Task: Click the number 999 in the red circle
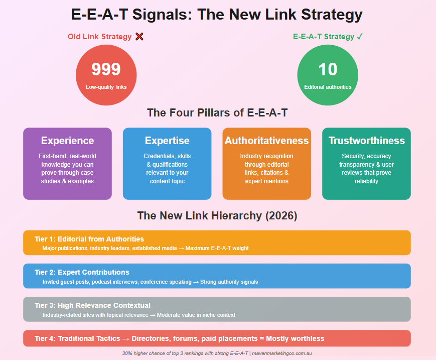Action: tap(106, 69)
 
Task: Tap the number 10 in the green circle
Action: tap(328, 69)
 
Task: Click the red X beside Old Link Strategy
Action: tap(139, 37)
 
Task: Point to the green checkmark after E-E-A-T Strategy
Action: tap(359, 37)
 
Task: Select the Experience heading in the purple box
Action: tap(67, 141)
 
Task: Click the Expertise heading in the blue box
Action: tap(167, 141)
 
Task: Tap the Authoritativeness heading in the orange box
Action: tap(266, 141)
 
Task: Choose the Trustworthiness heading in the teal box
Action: tap(366, 141)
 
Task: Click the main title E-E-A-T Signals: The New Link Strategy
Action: tap(217, 14)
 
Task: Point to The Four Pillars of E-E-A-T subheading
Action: tap(217, 112)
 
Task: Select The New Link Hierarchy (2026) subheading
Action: tap(217, 216)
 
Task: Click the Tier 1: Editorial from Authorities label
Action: tap(89, 239)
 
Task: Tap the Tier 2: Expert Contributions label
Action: tap(82, 272)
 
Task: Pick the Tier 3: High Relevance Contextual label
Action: tap(92, 305)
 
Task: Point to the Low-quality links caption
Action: tap(106, 87)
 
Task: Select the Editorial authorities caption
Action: tap(328, 87)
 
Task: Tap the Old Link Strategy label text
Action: tap(100, 37)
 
